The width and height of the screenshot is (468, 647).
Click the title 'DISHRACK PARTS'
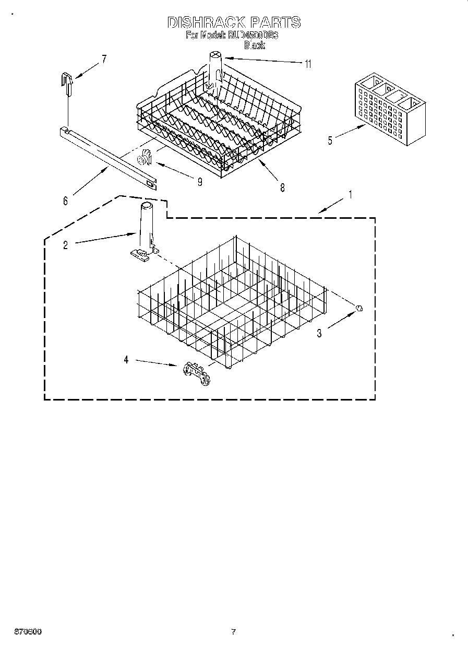click(234, 22)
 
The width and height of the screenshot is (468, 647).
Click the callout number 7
click(103, 59)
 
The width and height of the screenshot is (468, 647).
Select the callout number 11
click(308, 64)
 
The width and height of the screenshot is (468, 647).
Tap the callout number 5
click(330, 140)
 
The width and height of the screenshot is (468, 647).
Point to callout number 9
click(200, 182)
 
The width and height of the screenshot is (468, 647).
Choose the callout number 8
click(282, 188)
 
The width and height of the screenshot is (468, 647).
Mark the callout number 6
click(65, 201)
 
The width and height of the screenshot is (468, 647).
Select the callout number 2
click(65, 244)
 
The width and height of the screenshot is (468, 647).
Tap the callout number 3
click(320, 333)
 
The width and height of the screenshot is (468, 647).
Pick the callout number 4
click(126, 360)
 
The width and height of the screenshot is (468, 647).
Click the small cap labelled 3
click(359, 308)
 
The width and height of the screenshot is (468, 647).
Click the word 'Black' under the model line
click(255, 46)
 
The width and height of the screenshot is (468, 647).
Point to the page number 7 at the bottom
click(233, 631)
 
